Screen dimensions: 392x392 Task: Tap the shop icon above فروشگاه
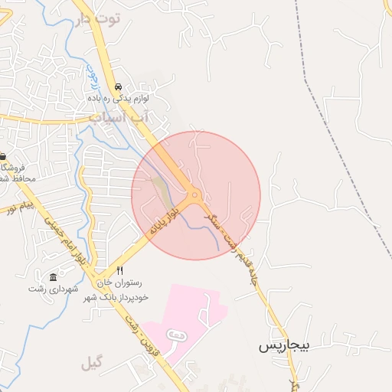point(2,156)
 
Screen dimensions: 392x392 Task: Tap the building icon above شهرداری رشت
point(53,276)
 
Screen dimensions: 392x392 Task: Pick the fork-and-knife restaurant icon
point(119,271)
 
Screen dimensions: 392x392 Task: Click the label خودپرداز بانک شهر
point(115,295)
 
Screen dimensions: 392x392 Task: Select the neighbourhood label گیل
point(91,363)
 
